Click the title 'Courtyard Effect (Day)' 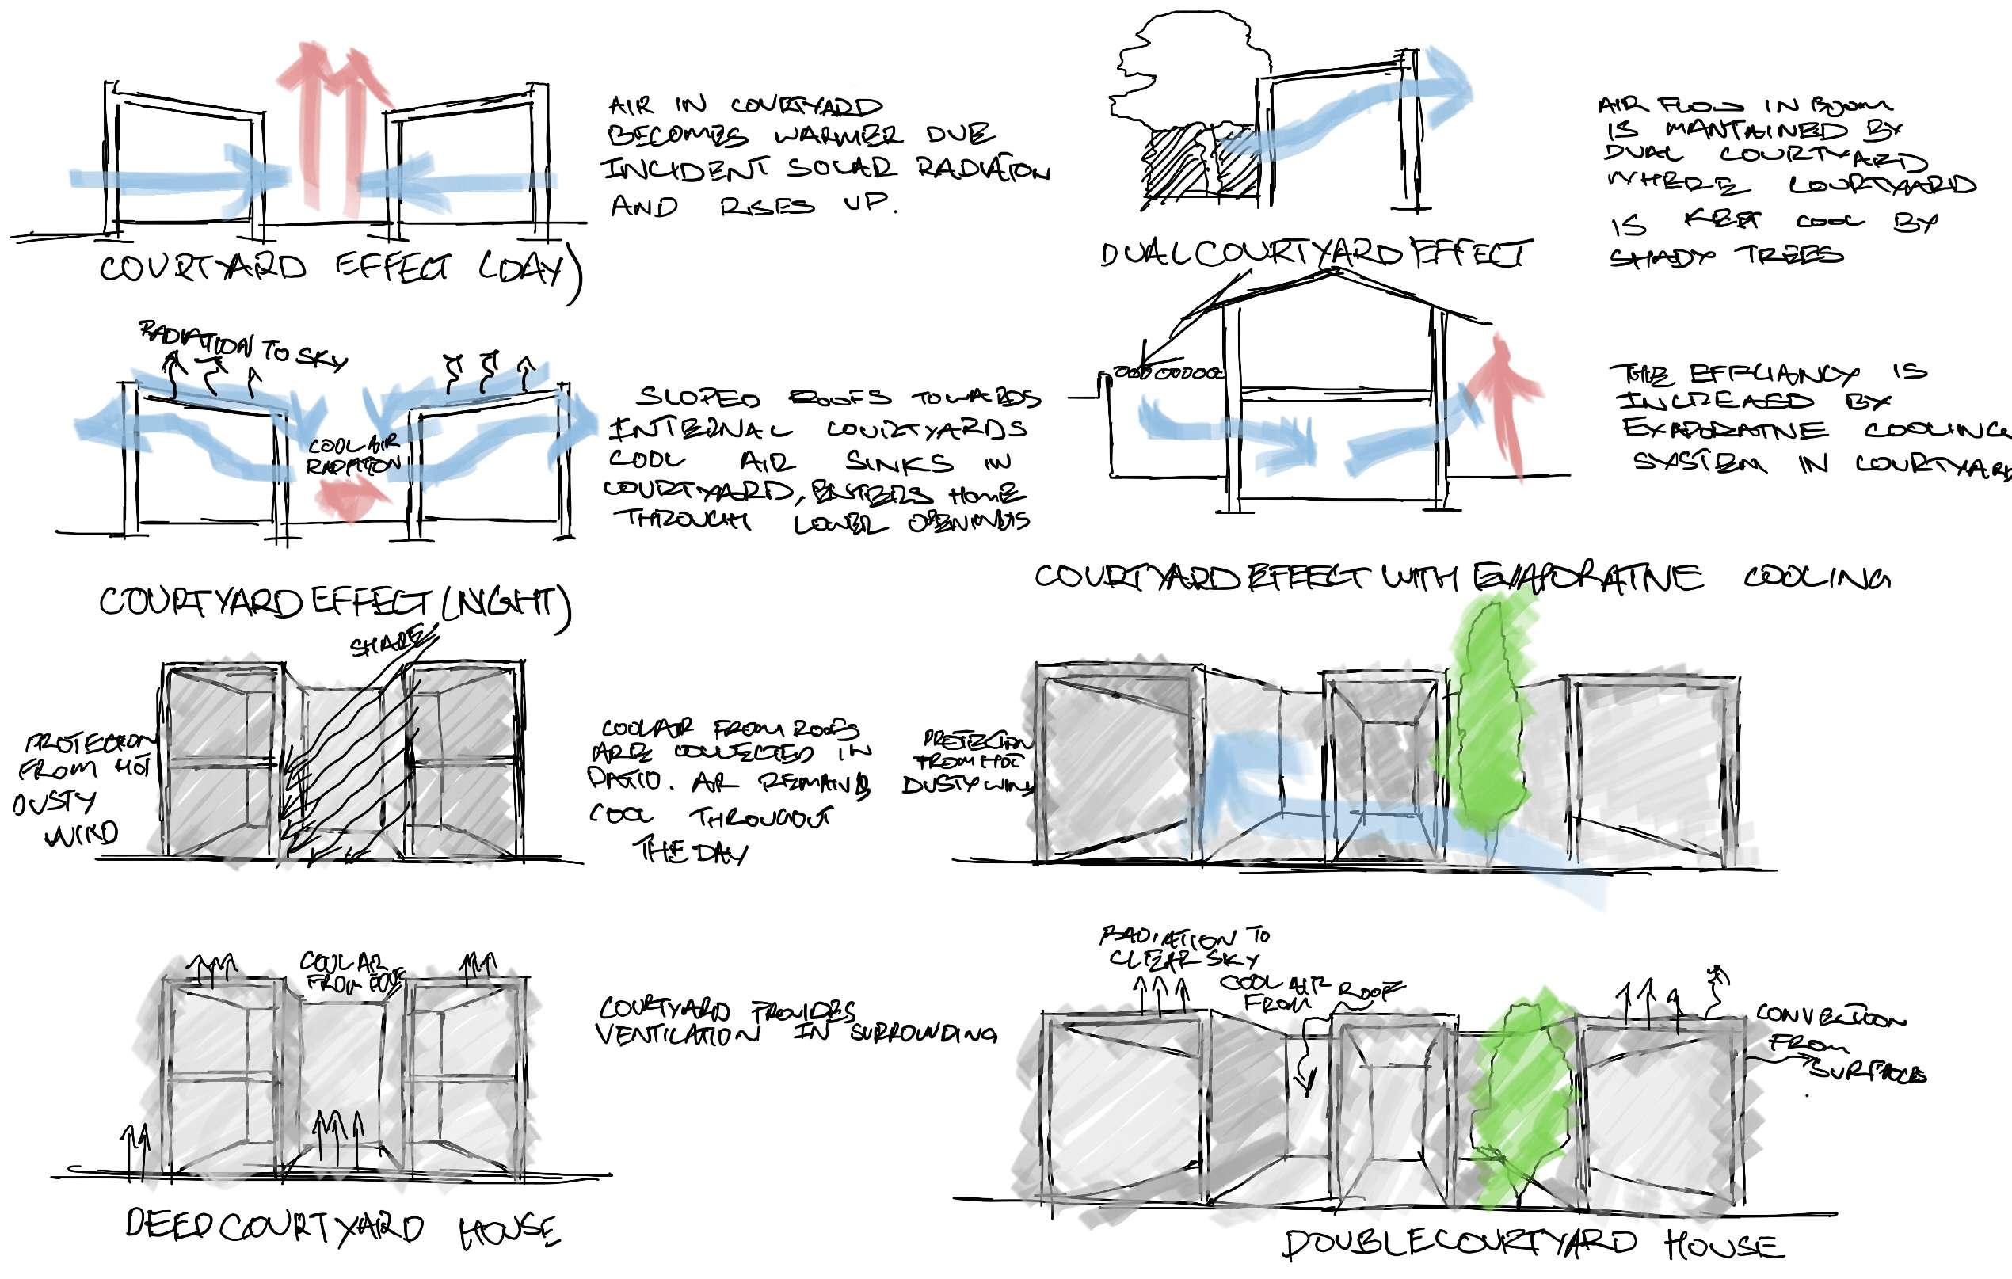(338, 269)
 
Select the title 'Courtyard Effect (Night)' (334, 602)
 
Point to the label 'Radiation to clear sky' (1183, 946)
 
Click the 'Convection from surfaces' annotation (1839, 1045)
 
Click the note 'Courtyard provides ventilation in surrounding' (794, 1022)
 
